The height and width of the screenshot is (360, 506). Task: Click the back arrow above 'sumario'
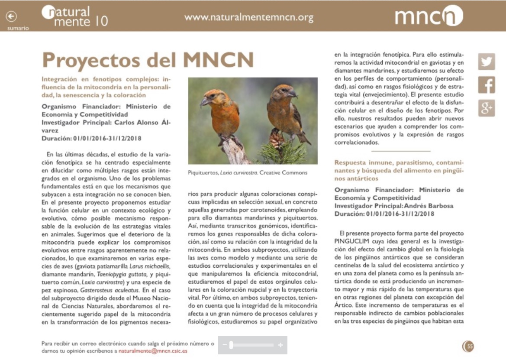(x=11, y=16)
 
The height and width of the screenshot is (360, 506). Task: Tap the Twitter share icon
(x=487, y=62)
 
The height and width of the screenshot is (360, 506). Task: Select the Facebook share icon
(x=487, y=85)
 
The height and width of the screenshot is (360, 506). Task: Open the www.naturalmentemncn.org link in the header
(x=248, y=18)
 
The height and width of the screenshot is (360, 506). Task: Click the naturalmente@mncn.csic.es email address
(x=153, y=351)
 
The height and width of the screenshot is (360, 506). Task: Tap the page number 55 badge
(x=468, y=346)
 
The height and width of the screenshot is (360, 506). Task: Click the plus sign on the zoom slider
(x=280, y=345)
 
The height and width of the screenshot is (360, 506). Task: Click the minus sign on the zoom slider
(x=224, y=345)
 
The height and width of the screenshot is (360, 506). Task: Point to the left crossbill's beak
(x=204, y=102)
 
